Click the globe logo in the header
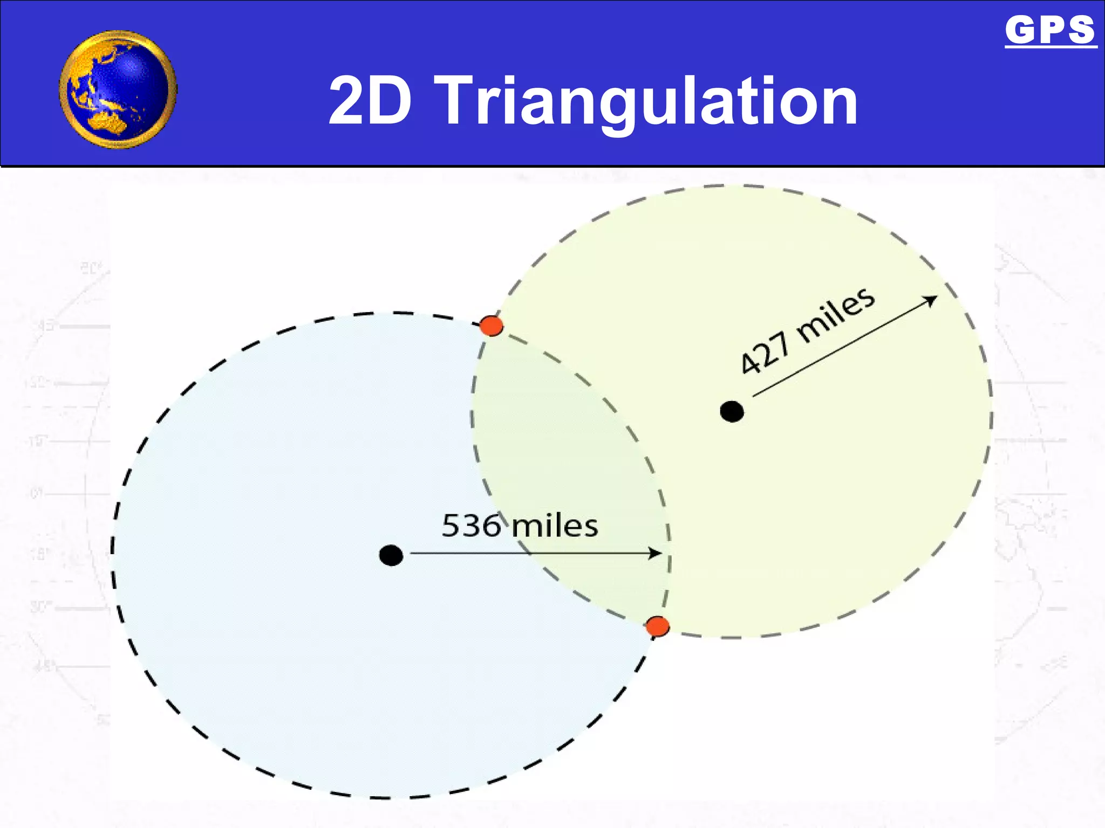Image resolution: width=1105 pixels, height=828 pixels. pos(118,89)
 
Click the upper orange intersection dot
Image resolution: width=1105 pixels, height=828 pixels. pos(492,326)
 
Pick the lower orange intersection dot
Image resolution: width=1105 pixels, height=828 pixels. pos(658,626)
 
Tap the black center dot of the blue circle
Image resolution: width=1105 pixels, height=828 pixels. pos(391,555)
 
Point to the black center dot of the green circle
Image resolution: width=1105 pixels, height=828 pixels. pos(732,412)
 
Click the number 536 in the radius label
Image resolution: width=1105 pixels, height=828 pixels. pos(471,526)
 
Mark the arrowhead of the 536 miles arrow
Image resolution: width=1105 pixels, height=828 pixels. pos(655,553)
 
